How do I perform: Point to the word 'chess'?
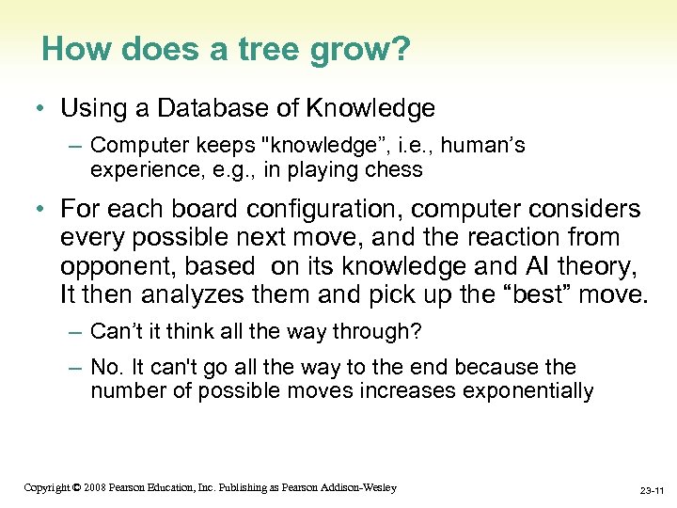coord(395,170)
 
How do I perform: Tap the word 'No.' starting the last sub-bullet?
coord(106,367)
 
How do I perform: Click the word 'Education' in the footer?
coord(186,487)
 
